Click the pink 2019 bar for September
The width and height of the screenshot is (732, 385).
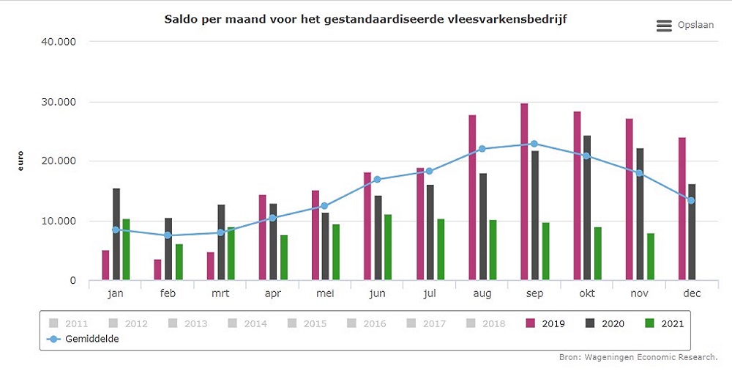pos(524,191)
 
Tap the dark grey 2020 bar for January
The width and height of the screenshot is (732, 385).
pos(116,234)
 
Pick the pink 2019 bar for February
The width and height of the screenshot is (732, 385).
pos(157,269)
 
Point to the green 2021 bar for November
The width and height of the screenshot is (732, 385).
pos(650,257)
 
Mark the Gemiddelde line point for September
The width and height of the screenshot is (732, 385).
pos(534,144)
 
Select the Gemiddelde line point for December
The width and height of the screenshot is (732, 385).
pos(690,200)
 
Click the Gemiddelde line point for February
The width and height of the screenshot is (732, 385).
pos(168,235)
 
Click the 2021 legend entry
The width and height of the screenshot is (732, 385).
pos(664,323)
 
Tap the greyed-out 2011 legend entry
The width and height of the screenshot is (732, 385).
pos(69,323)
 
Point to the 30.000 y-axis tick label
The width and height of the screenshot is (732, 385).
pos(59,102)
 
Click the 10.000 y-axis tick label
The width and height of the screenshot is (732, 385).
pos(59,221)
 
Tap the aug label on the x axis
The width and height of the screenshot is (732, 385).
pos(482,293)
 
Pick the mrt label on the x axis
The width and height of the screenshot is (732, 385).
pos(220,293)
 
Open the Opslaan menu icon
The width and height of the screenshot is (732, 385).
pos(664,26)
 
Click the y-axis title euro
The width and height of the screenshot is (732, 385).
pos(20,161)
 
